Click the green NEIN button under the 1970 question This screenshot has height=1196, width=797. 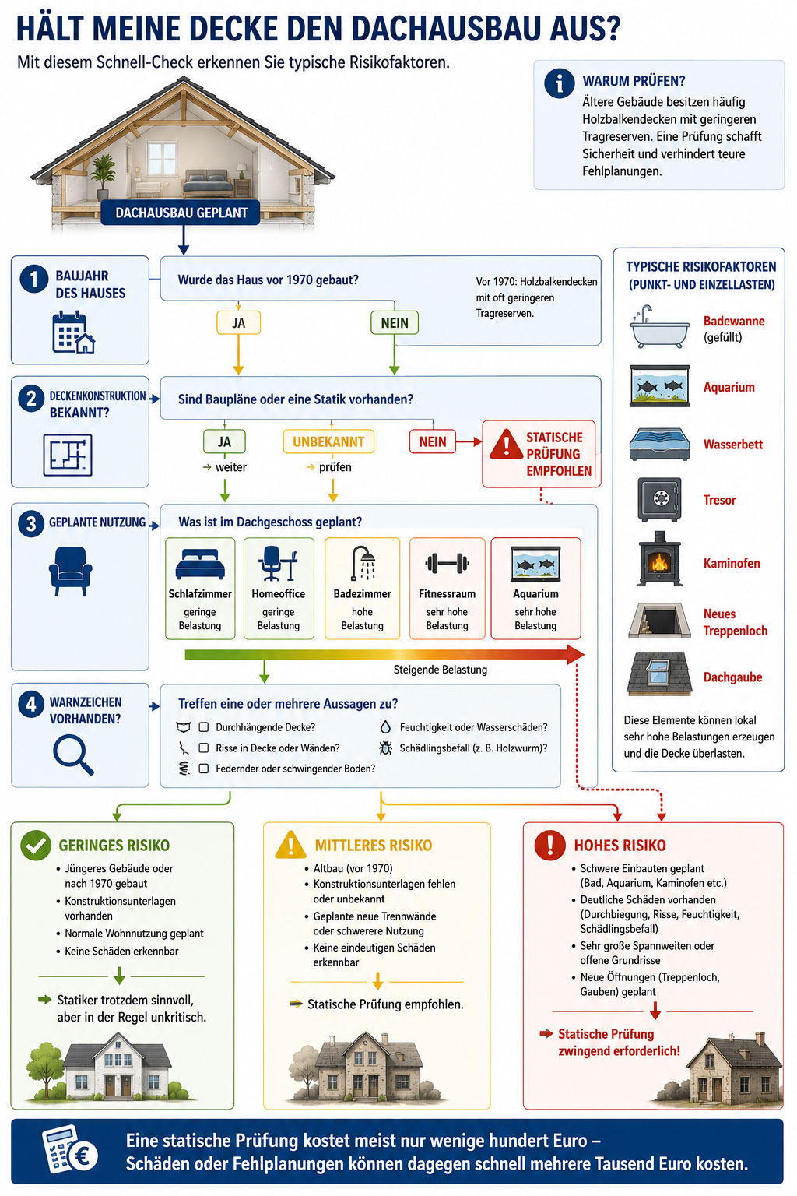[x=395, y=323]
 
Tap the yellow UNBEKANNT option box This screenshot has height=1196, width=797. [x=328, y=441]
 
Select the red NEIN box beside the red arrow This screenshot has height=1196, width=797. [x=433, y=441]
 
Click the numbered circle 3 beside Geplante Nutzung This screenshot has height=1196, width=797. [x=31, y=523]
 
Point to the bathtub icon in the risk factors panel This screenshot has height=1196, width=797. [x=660, y=327]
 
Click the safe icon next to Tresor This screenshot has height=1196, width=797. [x=660, y=500]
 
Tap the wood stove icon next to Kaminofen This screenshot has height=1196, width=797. [x=660, y=559]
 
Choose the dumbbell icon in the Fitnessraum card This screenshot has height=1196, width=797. [x=447, y=563]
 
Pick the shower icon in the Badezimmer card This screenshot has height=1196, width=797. [x=363, y=563]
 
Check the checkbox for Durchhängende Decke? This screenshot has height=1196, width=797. [x=203, y=726]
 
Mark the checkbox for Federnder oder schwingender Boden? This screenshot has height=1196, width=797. [x=203, y=769]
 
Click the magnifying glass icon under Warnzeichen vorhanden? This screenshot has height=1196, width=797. [x=73, y=755]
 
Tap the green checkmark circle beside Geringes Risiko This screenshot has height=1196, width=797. [x=35, y=845]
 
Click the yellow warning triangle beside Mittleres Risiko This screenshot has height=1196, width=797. [x=290, y=845]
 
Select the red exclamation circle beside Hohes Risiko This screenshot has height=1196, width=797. [x=549, y=845]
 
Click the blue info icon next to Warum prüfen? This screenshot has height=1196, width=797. [x=560, y=83]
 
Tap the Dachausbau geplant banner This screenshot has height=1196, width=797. [x=181, y=213]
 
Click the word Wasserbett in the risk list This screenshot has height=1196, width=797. [x=733, y=445]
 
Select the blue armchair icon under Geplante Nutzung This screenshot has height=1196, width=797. [x=71, y=571]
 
